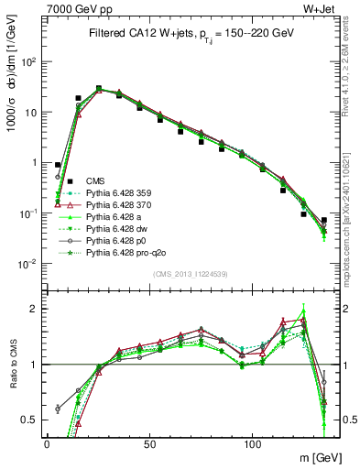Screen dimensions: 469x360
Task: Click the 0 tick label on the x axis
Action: click(x=47, y=442)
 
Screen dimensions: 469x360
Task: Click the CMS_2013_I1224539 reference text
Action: click(x=191, y=274)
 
